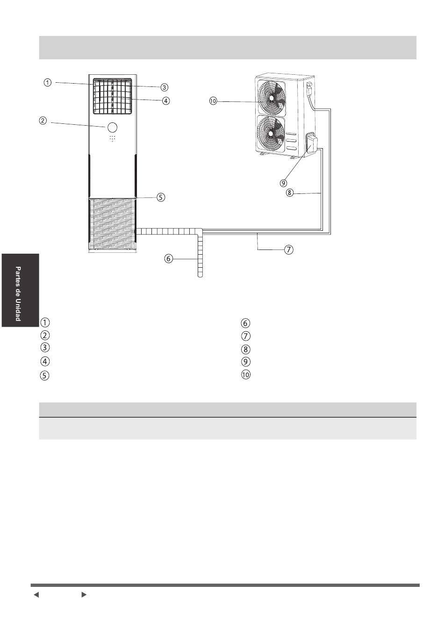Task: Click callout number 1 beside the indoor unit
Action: [48, 83]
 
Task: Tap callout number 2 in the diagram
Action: [43, 121]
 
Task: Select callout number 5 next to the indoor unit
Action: [160, 197]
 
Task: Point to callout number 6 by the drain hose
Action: [169, 258]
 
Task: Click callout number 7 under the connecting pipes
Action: [289, 249]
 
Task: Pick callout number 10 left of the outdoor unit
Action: [213, 101]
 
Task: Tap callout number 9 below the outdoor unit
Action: [283, 183]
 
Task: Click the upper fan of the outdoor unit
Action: [271, 98]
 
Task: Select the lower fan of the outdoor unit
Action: [271, 134]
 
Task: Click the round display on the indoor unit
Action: [112, 127]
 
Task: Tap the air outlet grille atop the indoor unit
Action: [113, 96]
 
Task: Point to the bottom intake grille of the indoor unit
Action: [112, 223]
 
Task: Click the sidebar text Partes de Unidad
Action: [18, 293]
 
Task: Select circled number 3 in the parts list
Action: [45, 347]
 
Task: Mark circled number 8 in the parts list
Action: [245, 349]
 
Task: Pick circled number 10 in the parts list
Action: [245, 375]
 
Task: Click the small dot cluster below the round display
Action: [113, 138]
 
